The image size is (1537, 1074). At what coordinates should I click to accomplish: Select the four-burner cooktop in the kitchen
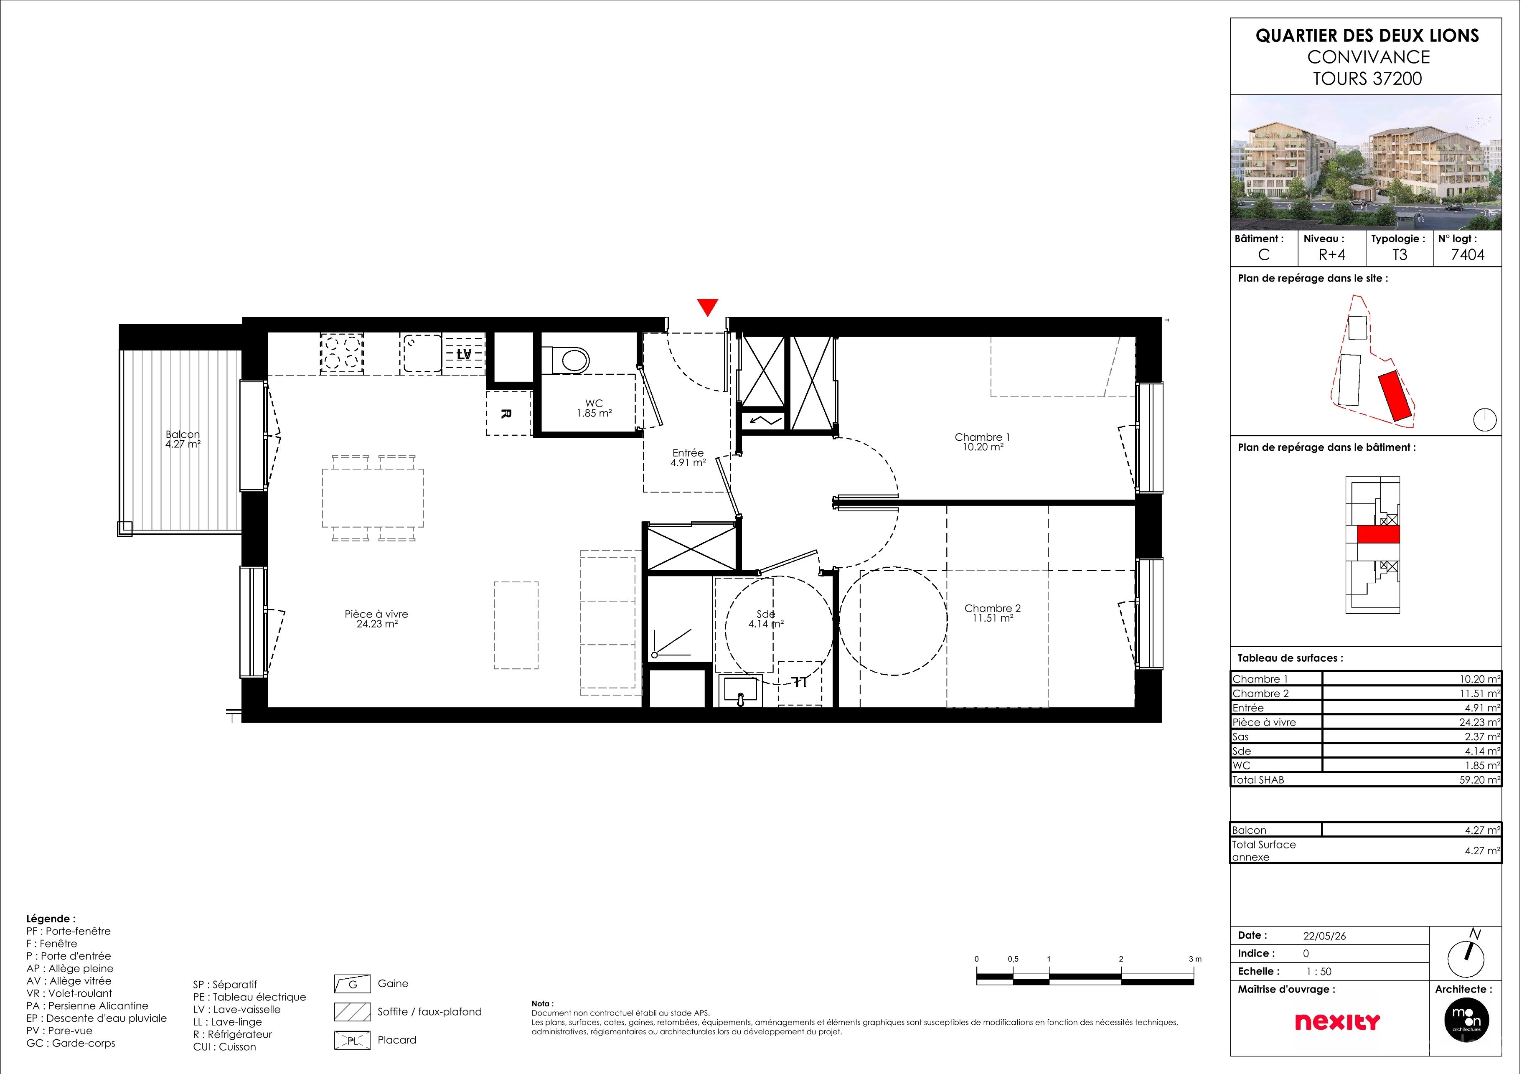(x=346, y=357)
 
